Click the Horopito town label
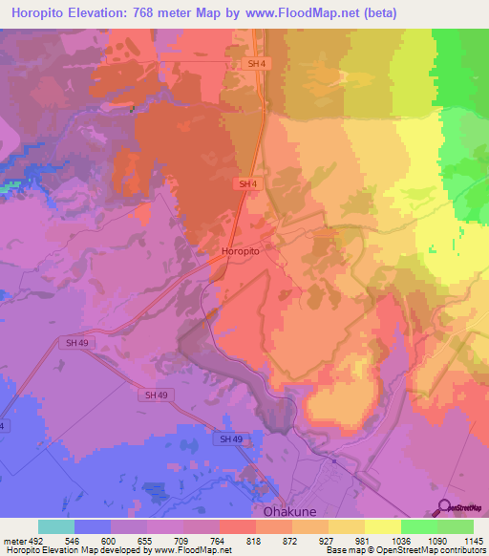point(241,250)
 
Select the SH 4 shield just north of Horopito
point(246,183)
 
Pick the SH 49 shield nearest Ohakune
point(230,438)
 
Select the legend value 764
point(219,541)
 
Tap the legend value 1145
point(473,541)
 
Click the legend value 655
point(146,541)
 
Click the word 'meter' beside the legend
point(14,541)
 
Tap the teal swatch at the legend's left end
point(56,526)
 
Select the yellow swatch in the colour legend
point(382,526)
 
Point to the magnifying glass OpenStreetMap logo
point(445,507)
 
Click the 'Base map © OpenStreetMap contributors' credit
point(405,550)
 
